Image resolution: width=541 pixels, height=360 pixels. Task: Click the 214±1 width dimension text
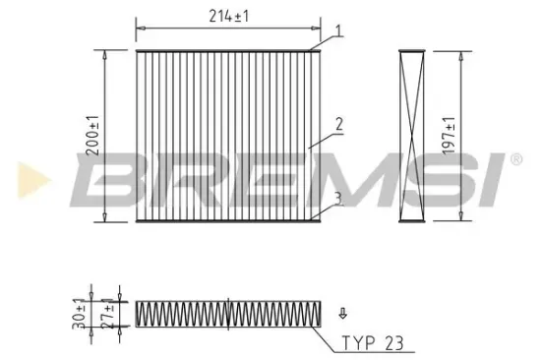pyautogui.click(x=227, y=16)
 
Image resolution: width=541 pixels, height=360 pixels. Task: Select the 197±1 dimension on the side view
pyautogui.click(x=451, y=137)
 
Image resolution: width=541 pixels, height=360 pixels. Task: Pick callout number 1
pyautogui.click(x=337, y=31)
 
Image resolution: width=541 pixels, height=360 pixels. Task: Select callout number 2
pyautogui.click(x=337, y=125)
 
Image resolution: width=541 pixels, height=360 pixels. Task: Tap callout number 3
pyautogui.click(x=337, y=198)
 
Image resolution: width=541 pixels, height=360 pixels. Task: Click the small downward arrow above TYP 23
pyautogui.click(x=341, y=315)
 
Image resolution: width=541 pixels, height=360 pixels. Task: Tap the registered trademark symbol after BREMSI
pyautogui.click(x=512, y=157)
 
